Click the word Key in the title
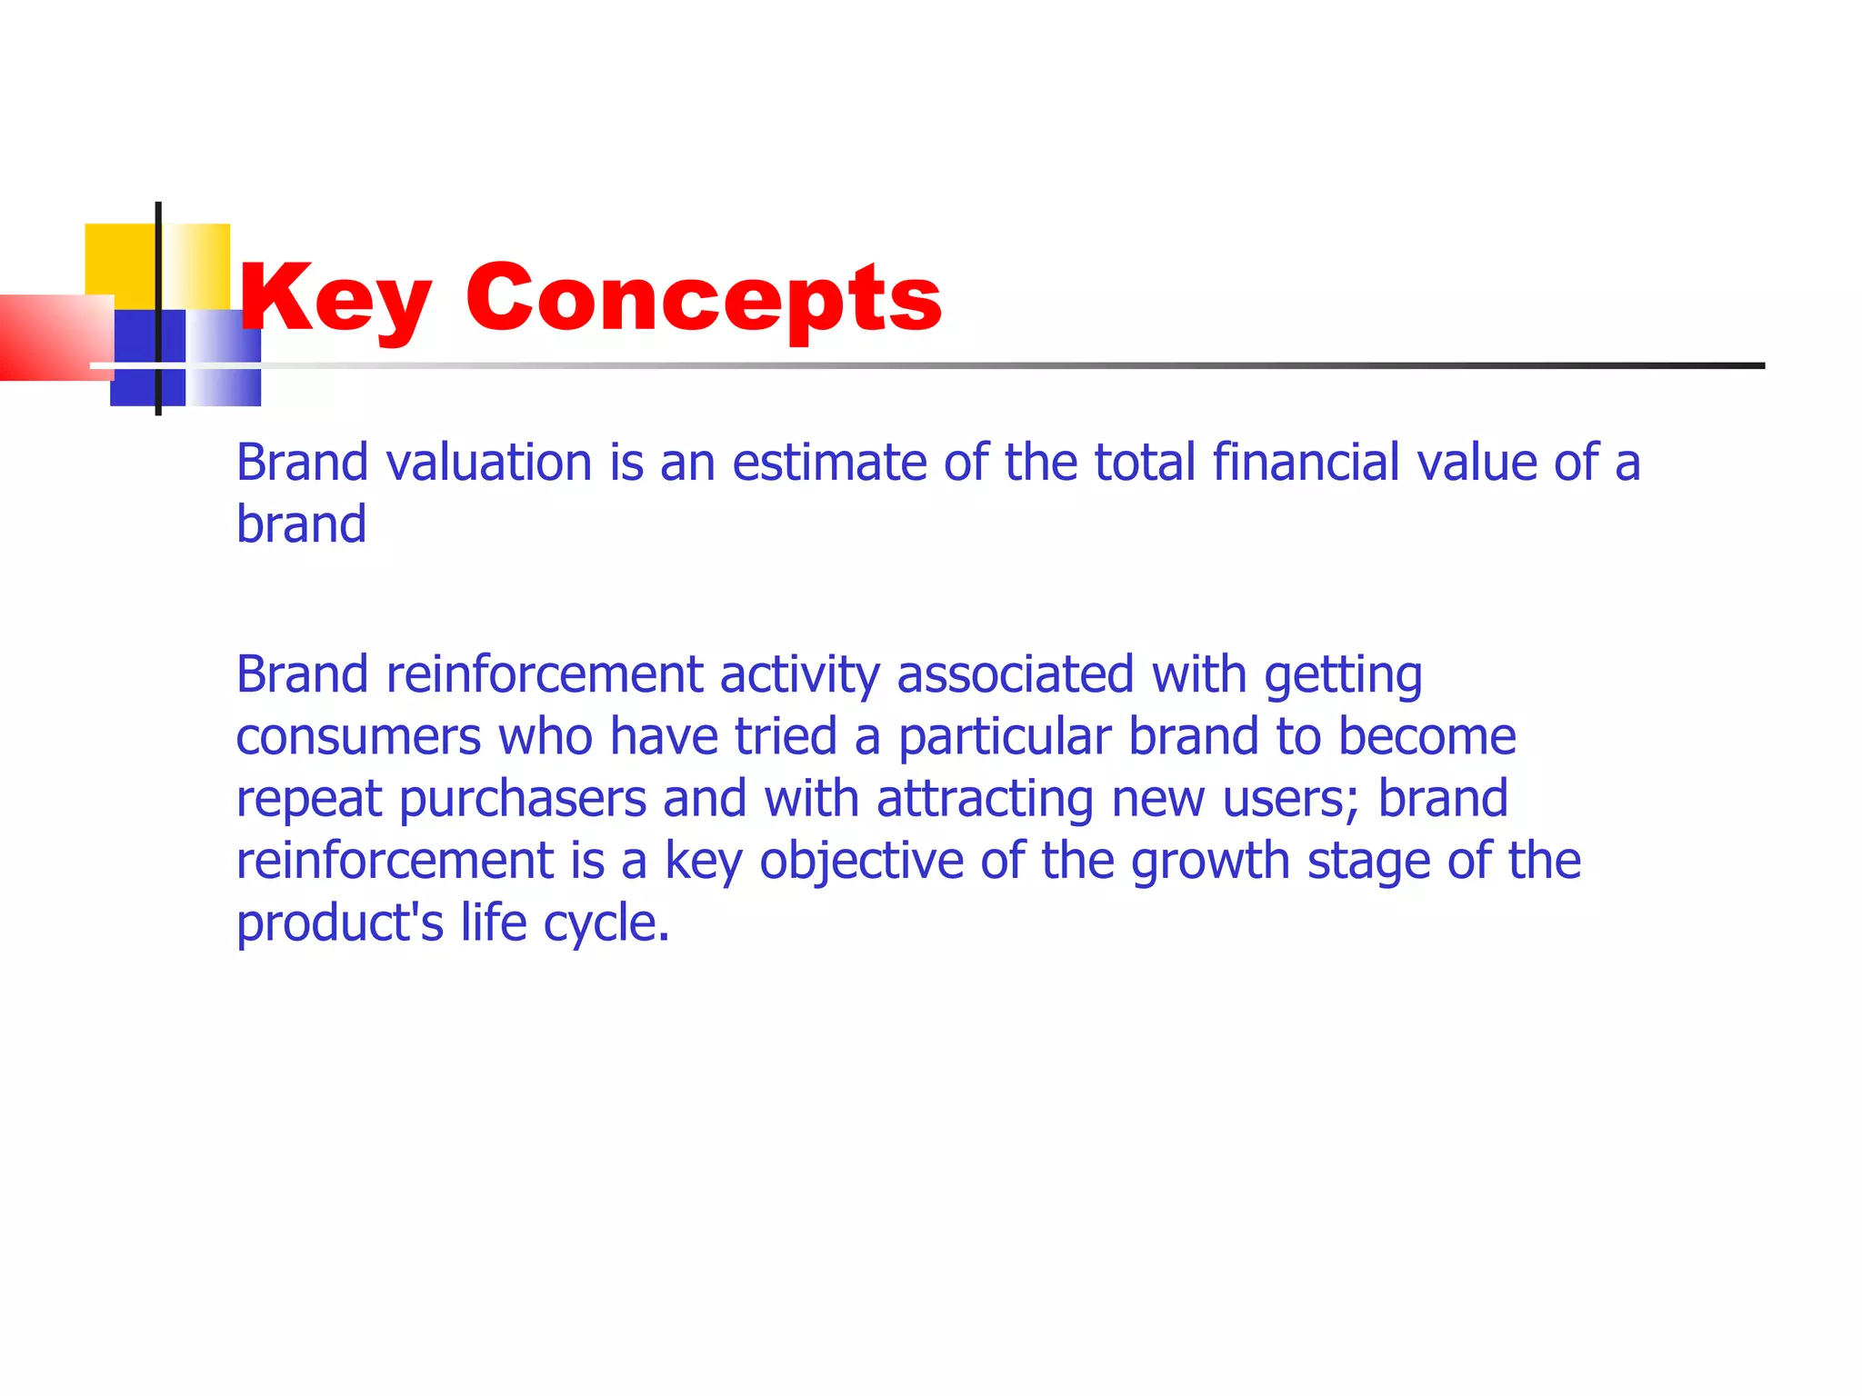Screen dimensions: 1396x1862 click(x=334, y=298)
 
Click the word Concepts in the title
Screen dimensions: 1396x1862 click(x=703, y=298)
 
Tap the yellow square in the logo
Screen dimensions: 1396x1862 click(x=121, y=259)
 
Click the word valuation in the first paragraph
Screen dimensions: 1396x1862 click(x=489, y=462)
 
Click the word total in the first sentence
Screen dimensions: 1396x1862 click(x=1144, y=462)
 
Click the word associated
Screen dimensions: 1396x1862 click(x=1015, y=675)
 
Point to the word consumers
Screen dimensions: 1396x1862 click(x=358, y=736)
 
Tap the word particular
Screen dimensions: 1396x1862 click(x=1005, y=736)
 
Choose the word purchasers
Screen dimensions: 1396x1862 click(x=522, y=800)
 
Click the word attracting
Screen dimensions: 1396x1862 click(x=985, y=800)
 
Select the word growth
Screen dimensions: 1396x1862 click(x=1210, y=862)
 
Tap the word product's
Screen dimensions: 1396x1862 click(x=340, y=923)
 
